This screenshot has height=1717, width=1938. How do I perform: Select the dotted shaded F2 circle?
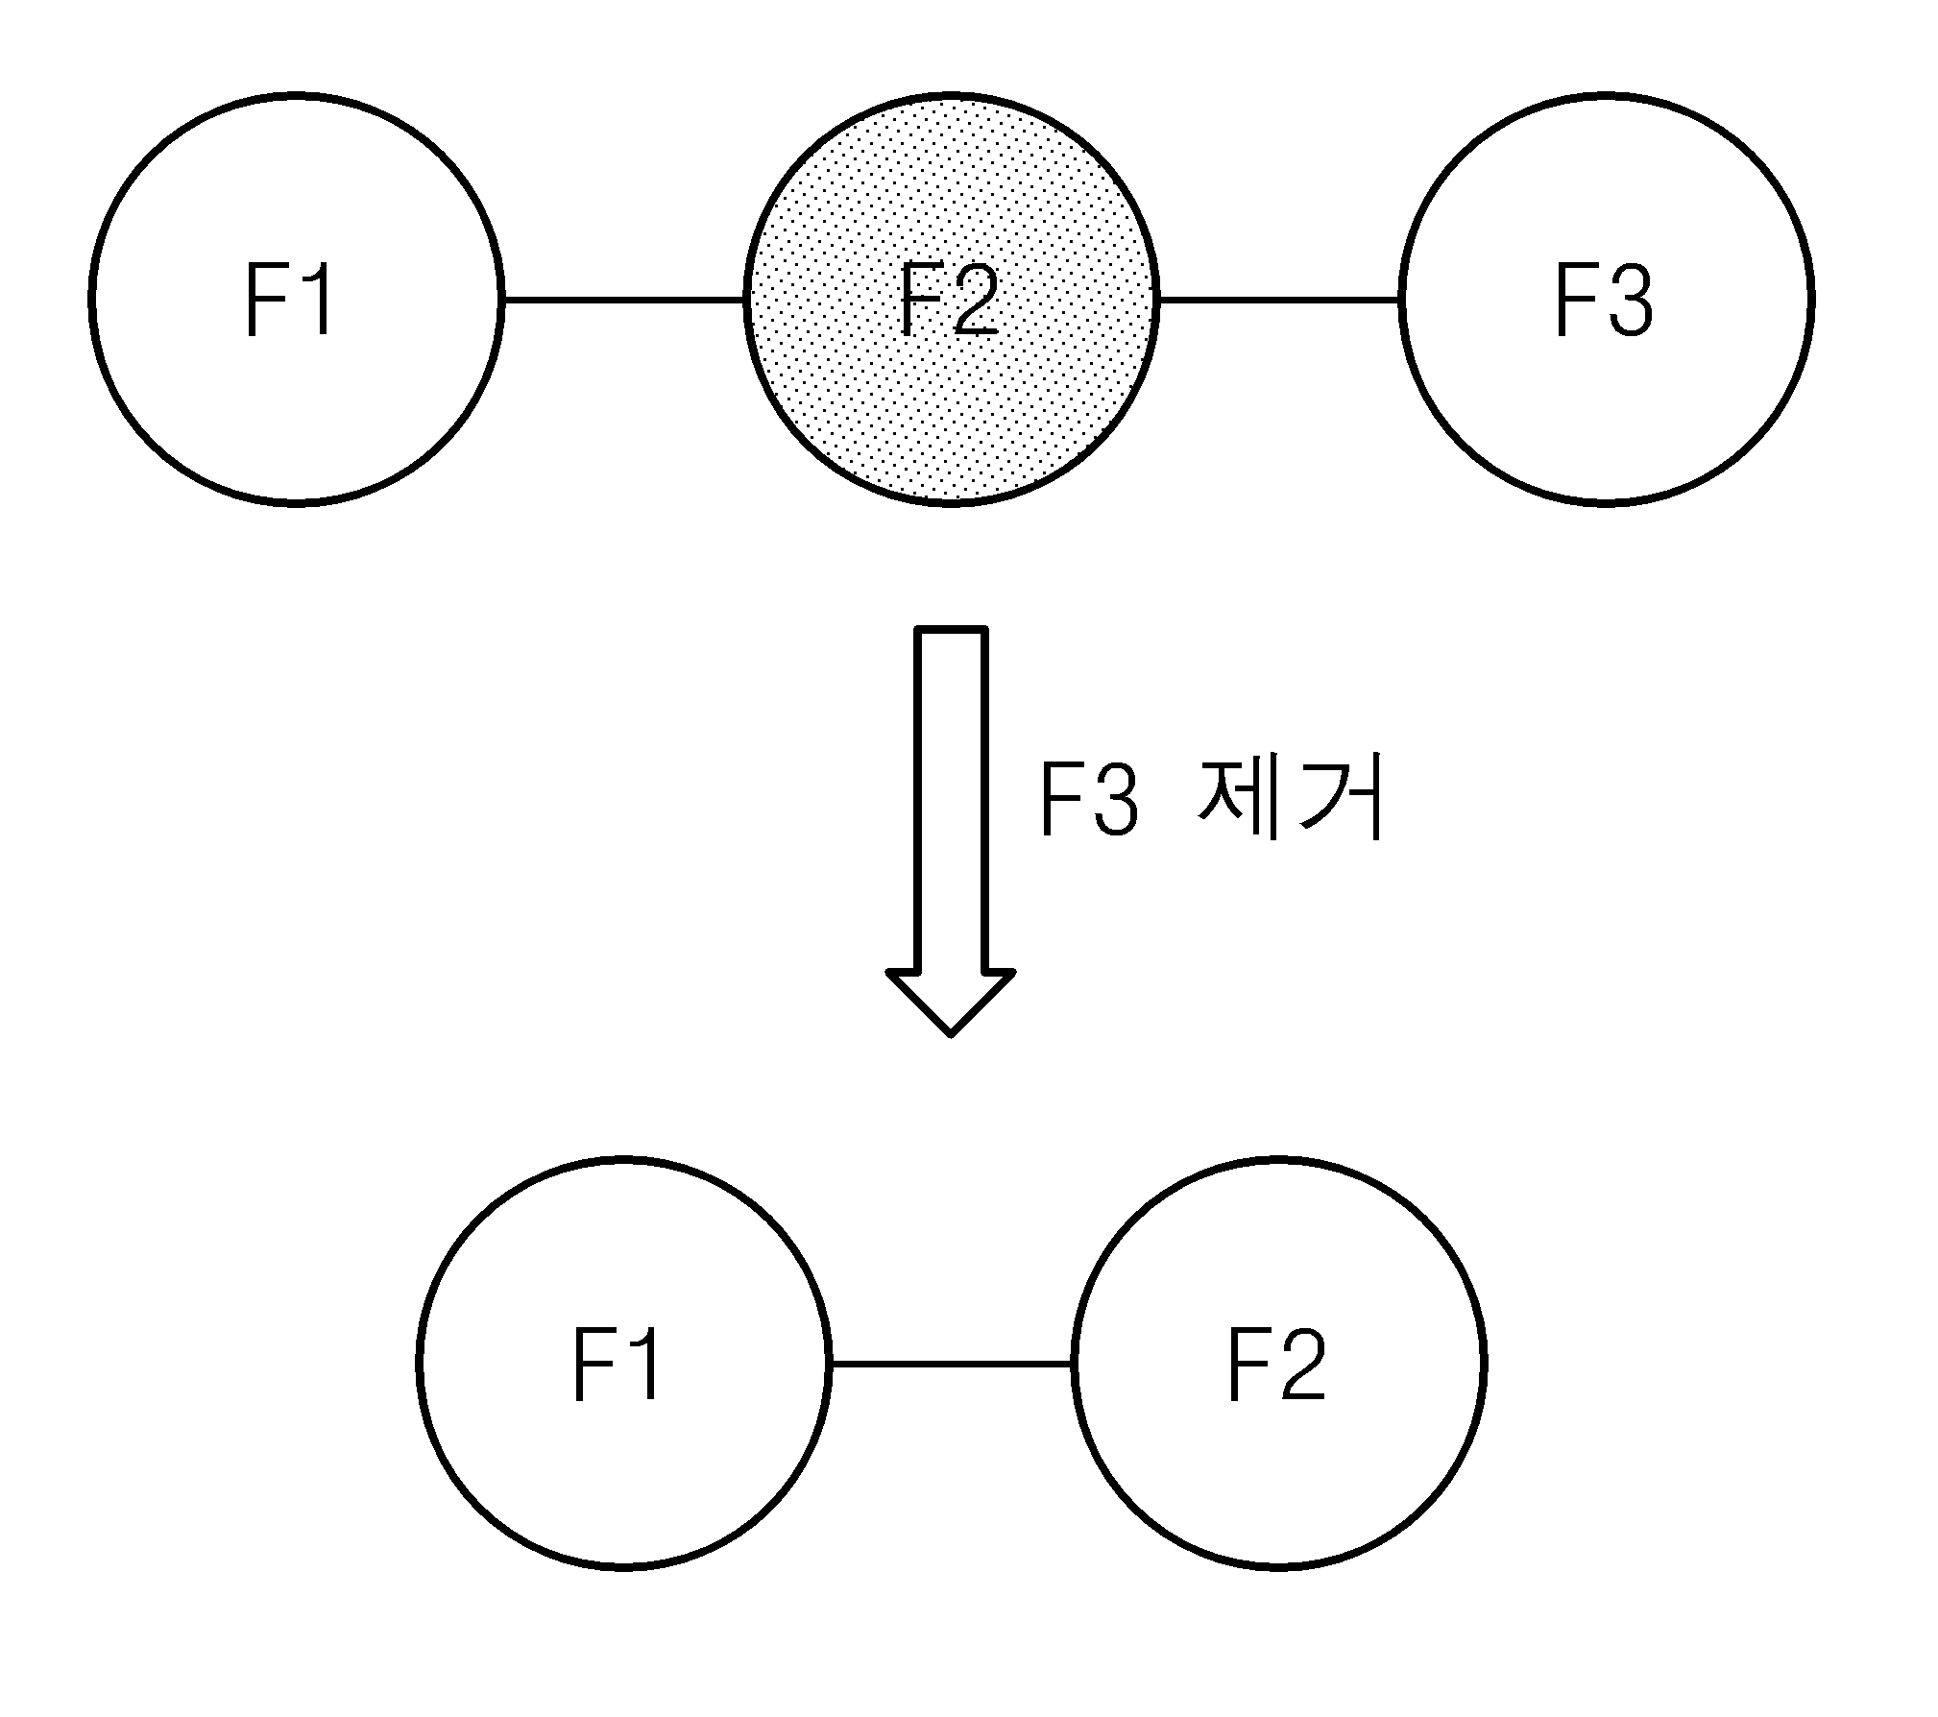pos(951,300)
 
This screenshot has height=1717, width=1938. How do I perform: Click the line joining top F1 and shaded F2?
pos(624,300)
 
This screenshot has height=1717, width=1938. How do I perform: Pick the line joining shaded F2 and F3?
pos(1278,300)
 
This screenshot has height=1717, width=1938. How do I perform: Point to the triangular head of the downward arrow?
pos(951,1003)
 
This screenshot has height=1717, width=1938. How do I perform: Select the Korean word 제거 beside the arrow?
pos(1290,799)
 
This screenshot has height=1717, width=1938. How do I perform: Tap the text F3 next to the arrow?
pos(1089,800)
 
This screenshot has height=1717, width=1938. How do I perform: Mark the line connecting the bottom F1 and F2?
pos(951,1364)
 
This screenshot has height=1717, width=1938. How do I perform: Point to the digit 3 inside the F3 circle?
pos(1630,301)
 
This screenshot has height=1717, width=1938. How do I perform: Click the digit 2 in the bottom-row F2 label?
pos(1300,1364)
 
